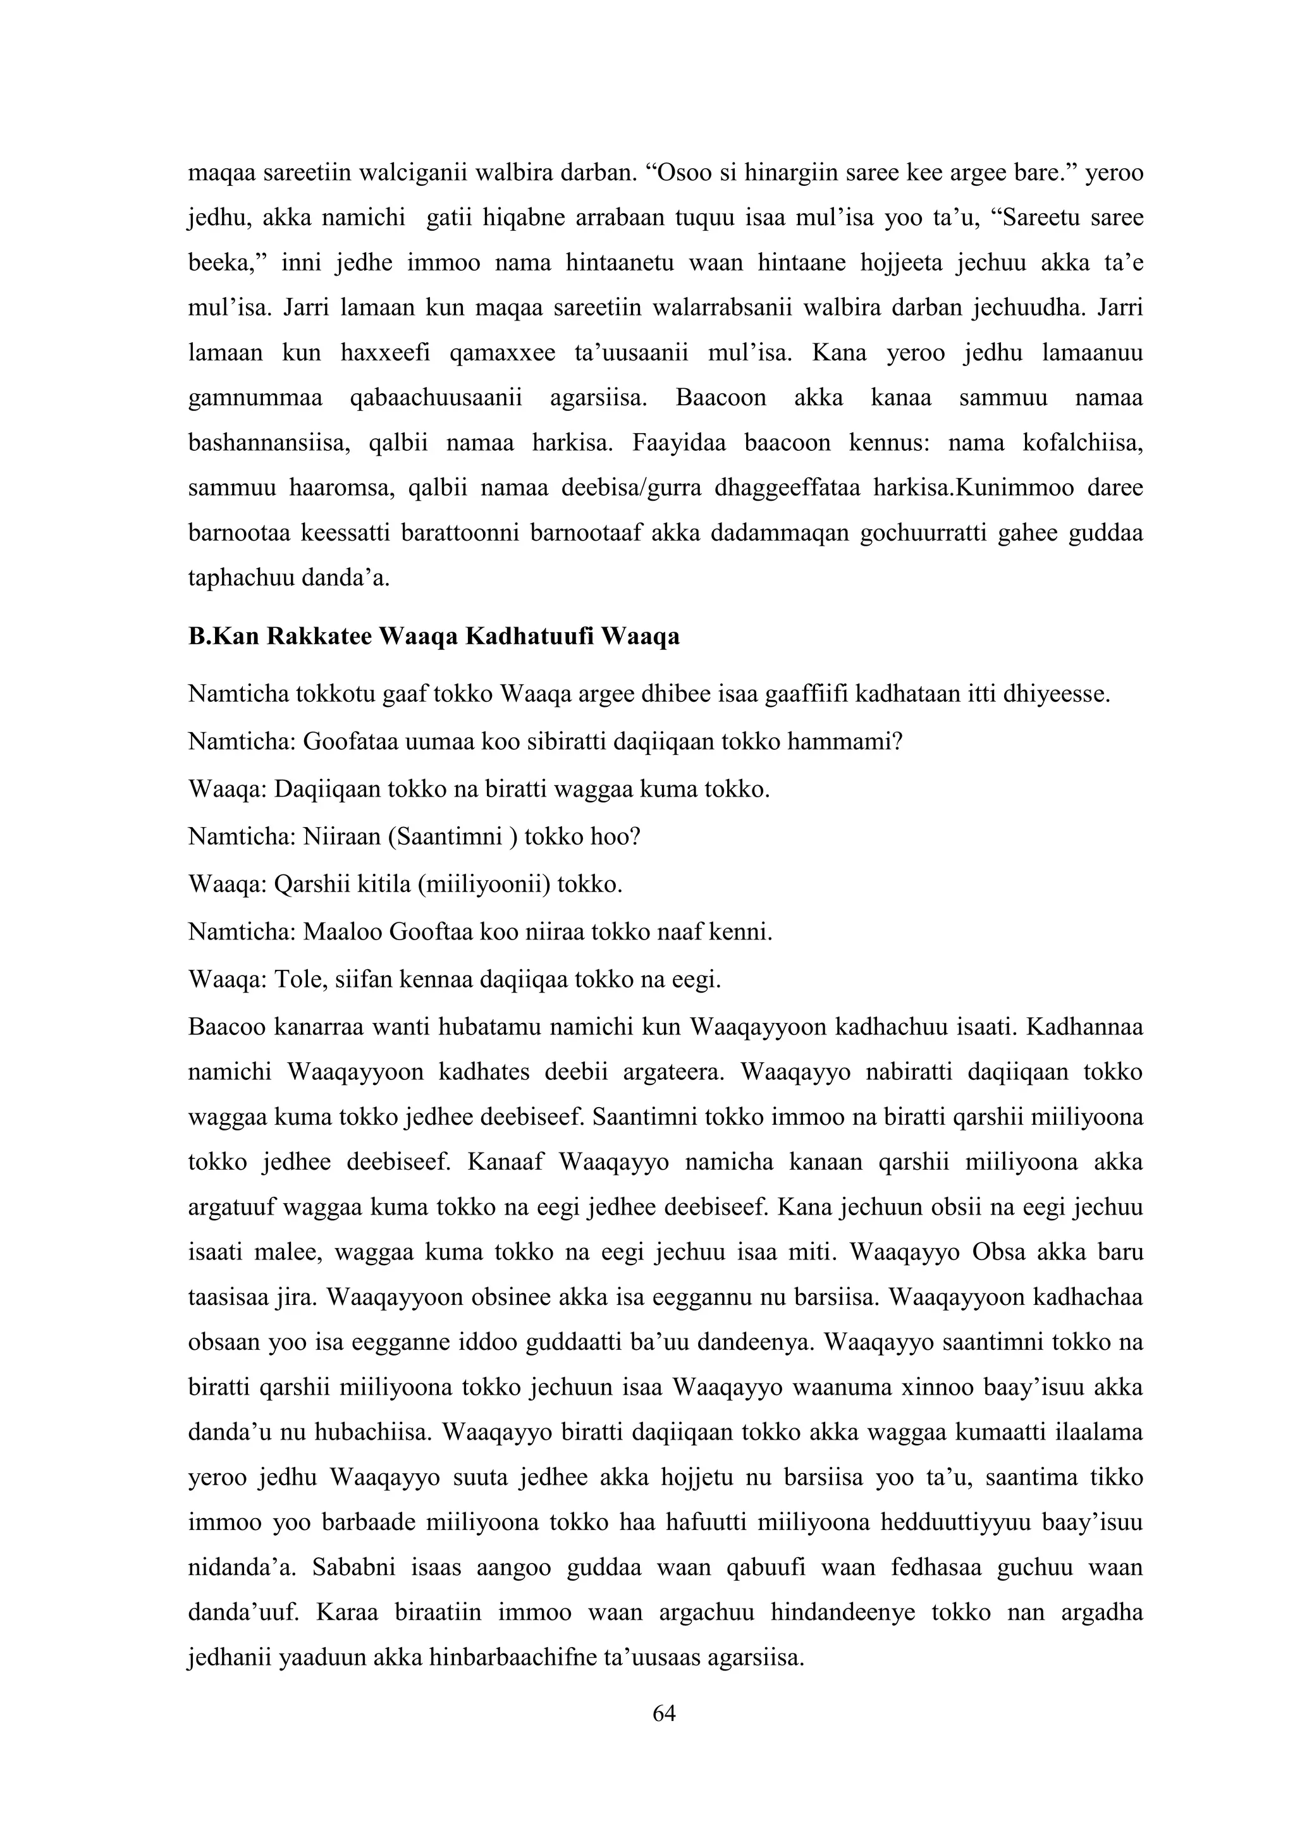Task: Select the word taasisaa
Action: click(x=226, y=1297)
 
